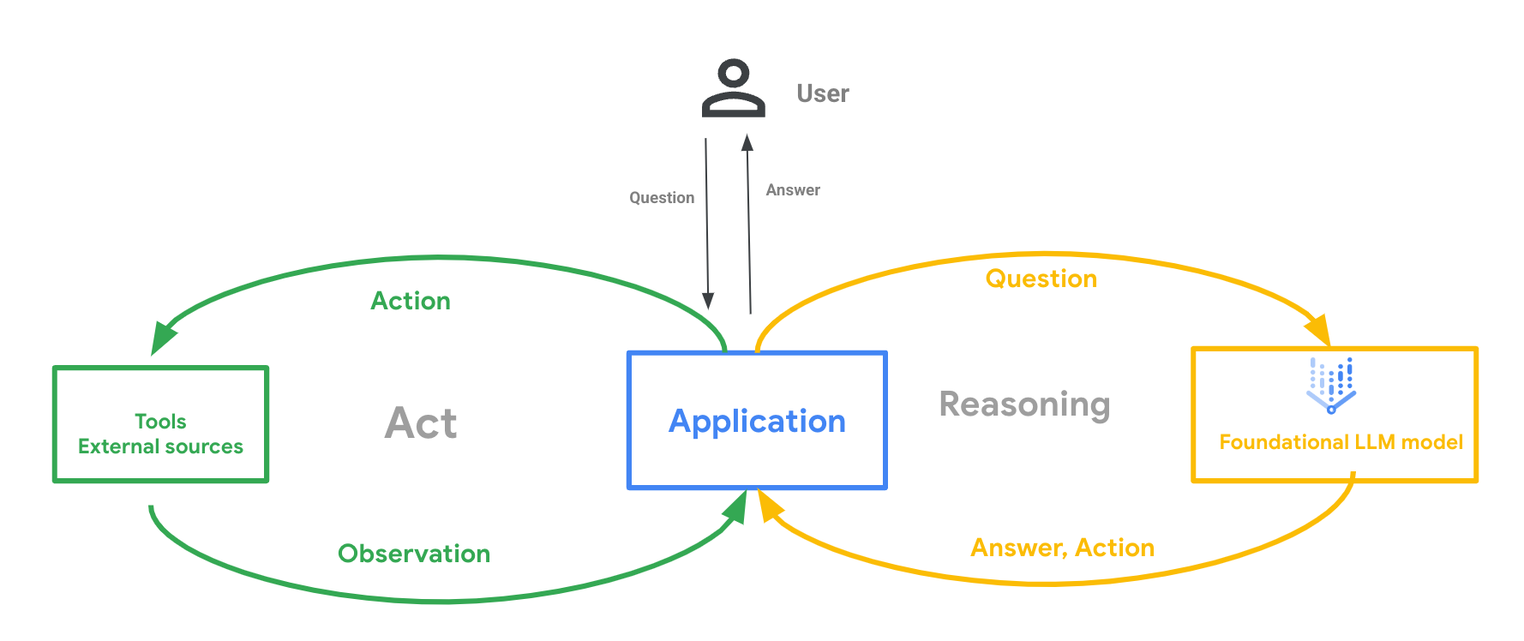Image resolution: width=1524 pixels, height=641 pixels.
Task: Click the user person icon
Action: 733,88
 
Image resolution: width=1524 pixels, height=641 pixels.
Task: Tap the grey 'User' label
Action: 823,93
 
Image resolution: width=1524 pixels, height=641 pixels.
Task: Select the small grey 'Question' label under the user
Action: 662,198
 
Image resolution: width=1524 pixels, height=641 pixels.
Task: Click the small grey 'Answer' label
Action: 793,190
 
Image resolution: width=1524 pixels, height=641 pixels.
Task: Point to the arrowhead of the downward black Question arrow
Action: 708,301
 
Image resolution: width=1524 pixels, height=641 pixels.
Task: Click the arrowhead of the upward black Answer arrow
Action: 747,143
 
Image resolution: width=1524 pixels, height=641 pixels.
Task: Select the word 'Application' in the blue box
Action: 757,421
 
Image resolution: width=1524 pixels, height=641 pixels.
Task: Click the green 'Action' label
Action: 411,301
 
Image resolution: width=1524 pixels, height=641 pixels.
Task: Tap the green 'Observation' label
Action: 414,554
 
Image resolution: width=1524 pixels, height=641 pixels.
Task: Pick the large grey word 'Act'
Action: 421,422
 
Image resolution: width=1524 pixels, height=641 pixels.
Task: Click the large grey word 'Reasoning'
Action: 1024,404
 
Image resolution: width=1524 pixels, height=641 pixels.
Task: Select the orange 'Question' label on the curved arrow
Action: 1041,279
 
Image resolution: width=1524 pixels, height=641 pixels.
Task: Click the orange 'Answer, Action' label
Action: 1062,548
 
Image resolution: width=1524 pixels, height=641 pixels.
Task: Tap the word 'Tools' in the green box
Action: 160,421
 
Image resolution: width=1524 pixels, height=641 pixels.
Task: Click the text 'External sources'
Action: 160,446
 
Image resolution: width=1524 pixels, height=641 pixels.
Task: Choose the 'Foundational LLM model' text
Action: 1341,442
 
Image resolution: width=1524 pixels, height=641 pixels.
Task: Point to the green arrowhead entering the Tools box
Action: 162,338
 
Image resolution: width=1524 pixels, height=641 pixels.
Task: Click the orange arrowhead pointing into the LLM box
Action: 1318,330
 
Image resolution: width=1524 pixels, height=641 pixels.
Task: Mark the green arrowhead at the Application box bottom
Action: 736,507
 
